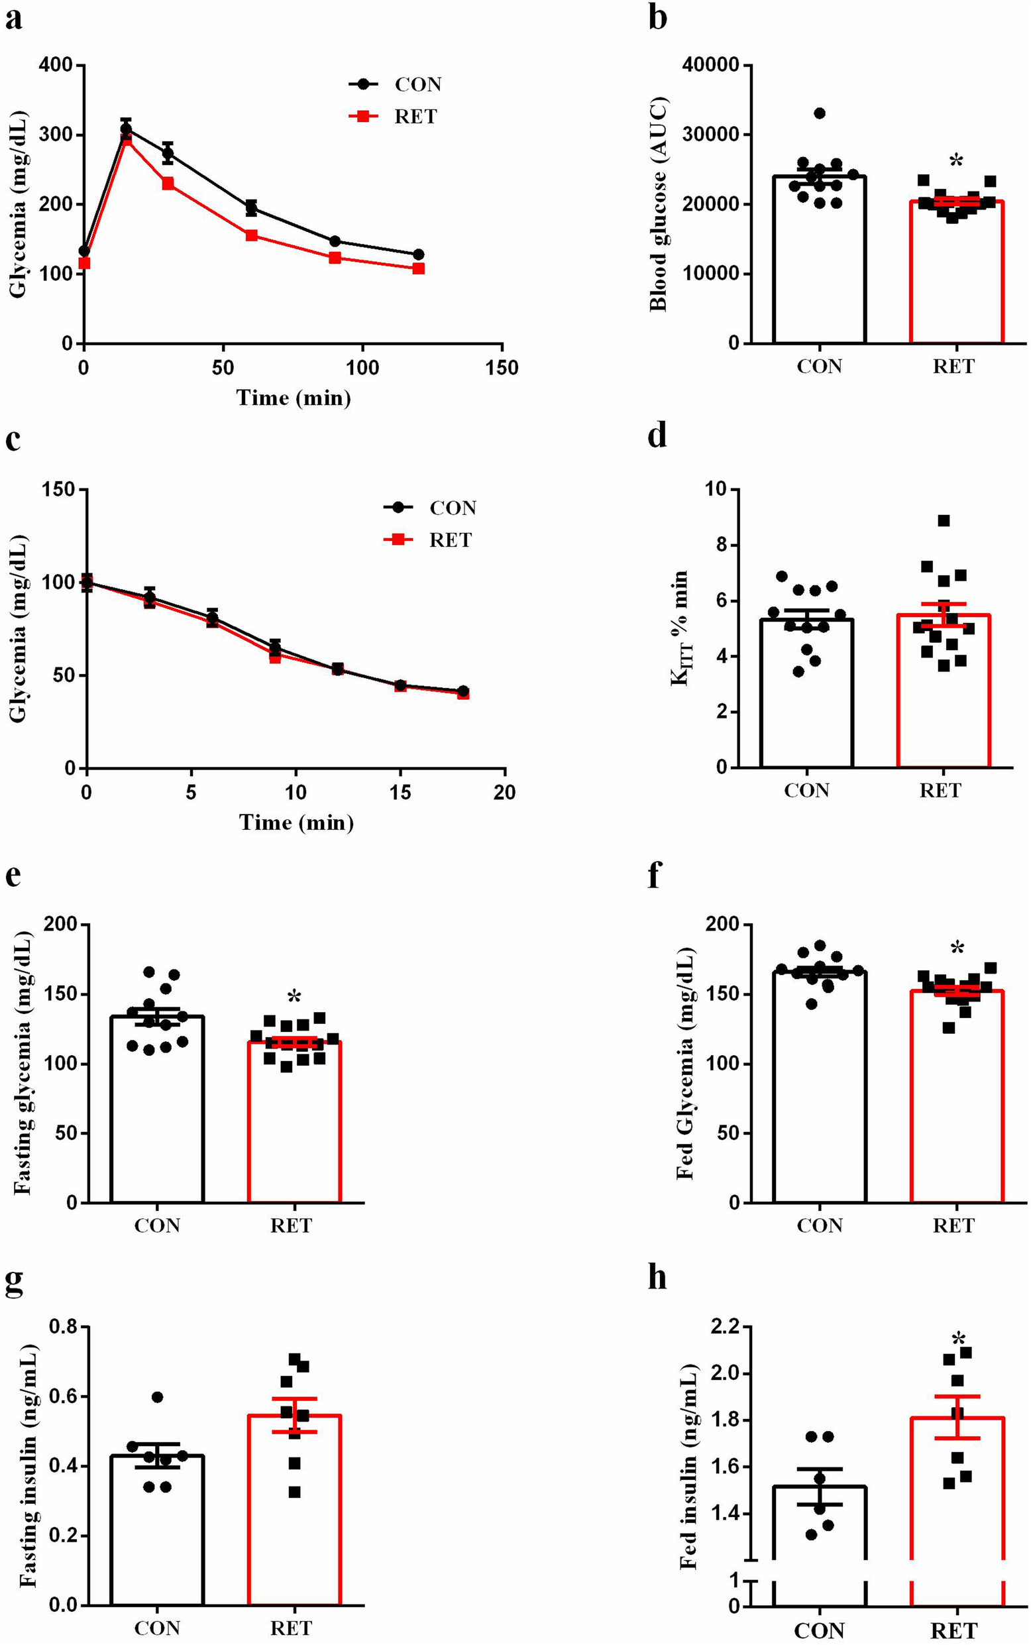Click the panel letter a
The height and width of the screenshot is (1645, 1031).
pos(14,19)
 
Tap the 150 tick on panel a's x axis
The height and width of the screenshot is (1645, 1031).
pos(502,369)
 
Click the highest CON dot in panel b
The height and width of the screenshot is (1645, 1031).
pos(820,113)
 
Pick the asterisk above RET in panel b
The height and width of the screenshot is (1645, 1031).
pos(956,162)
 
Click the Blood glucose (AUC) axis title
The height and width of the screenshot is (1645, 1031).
pos(659,205)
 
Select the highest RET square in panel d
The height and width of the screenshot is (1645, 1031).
pos(944,521)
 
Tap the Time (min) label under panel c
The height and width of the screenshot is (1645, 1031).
pos(296,822)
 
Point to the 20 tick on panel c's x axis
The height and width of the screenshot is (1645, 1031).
pos(504,793)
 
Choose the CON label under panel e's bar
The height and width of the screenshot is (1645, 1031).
pos(157,1225)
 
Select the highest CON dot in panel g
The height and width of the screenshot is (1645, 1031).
pos(157,1379)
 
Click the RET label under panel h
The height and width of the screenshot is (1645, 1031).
pos(953,1630)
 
